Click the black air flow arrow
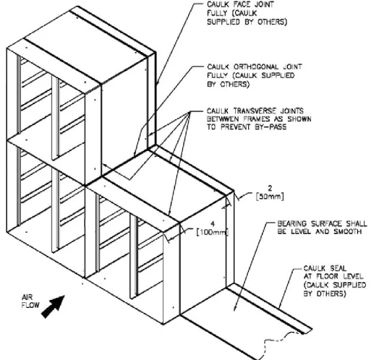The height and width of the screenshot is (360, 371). [54, 306]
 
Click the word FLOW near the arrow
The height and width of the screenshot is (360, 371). [30, 305]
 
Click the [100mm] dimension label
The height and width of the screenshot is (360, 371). [213, 232]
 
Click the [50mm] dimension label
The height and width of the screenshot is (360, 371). [270, 197]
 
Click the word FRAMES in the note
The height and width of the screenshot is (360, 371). [257, 119]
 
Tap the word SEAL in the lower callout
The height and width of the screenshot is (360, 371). [338, 268]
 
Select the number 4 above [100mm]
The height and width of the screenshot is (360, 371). [213, 224]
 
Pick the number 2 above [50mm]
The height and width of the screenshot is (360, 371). [270, 188]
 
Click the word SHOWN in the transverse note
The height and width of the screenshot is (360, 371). [299, 119]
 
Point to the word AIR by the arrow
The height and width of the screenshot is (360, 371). [27, 297]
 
